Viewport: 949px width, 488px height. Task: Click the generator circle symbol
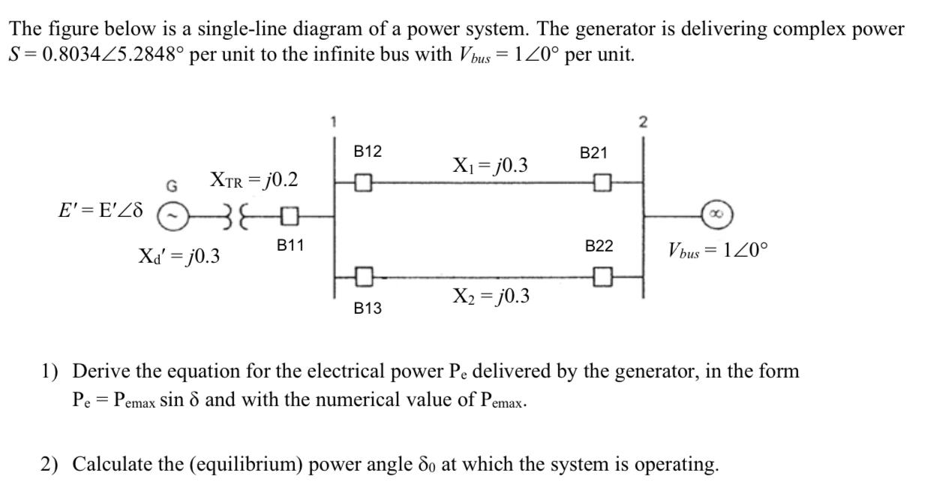click(172, 216)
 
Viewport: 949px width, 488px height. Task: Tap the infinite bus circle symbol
click(716, 215)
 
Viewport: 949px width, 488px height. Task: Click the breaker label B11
click(290, 246)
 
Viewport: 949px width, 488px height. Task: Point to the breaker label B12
click(368, 152)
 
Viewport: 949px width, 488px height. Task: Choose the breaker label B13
click(368, 308)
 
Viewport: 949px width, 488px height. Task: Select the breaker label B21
click(593, 153)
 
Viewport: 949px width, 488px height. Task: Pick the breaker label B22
click(599, 246)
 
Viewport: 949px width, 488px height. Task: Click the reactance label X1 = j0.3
click(490, 164)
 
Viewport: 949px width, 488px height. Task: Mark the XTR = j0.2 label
click(254, 180)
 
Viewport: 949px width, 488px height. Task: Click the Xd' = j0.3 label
click(179, 256)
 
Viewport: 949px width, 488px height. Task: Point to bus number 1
click(335, 121)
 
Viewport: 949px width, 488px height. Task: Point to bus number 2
click(643, 122)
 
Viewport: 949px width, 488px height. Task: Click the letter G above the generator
click(172, 185)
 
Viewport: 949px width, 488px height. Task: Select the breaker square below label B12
click(363, 182)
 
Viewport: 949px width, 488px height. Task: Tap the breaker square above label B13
click(363, 276)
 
